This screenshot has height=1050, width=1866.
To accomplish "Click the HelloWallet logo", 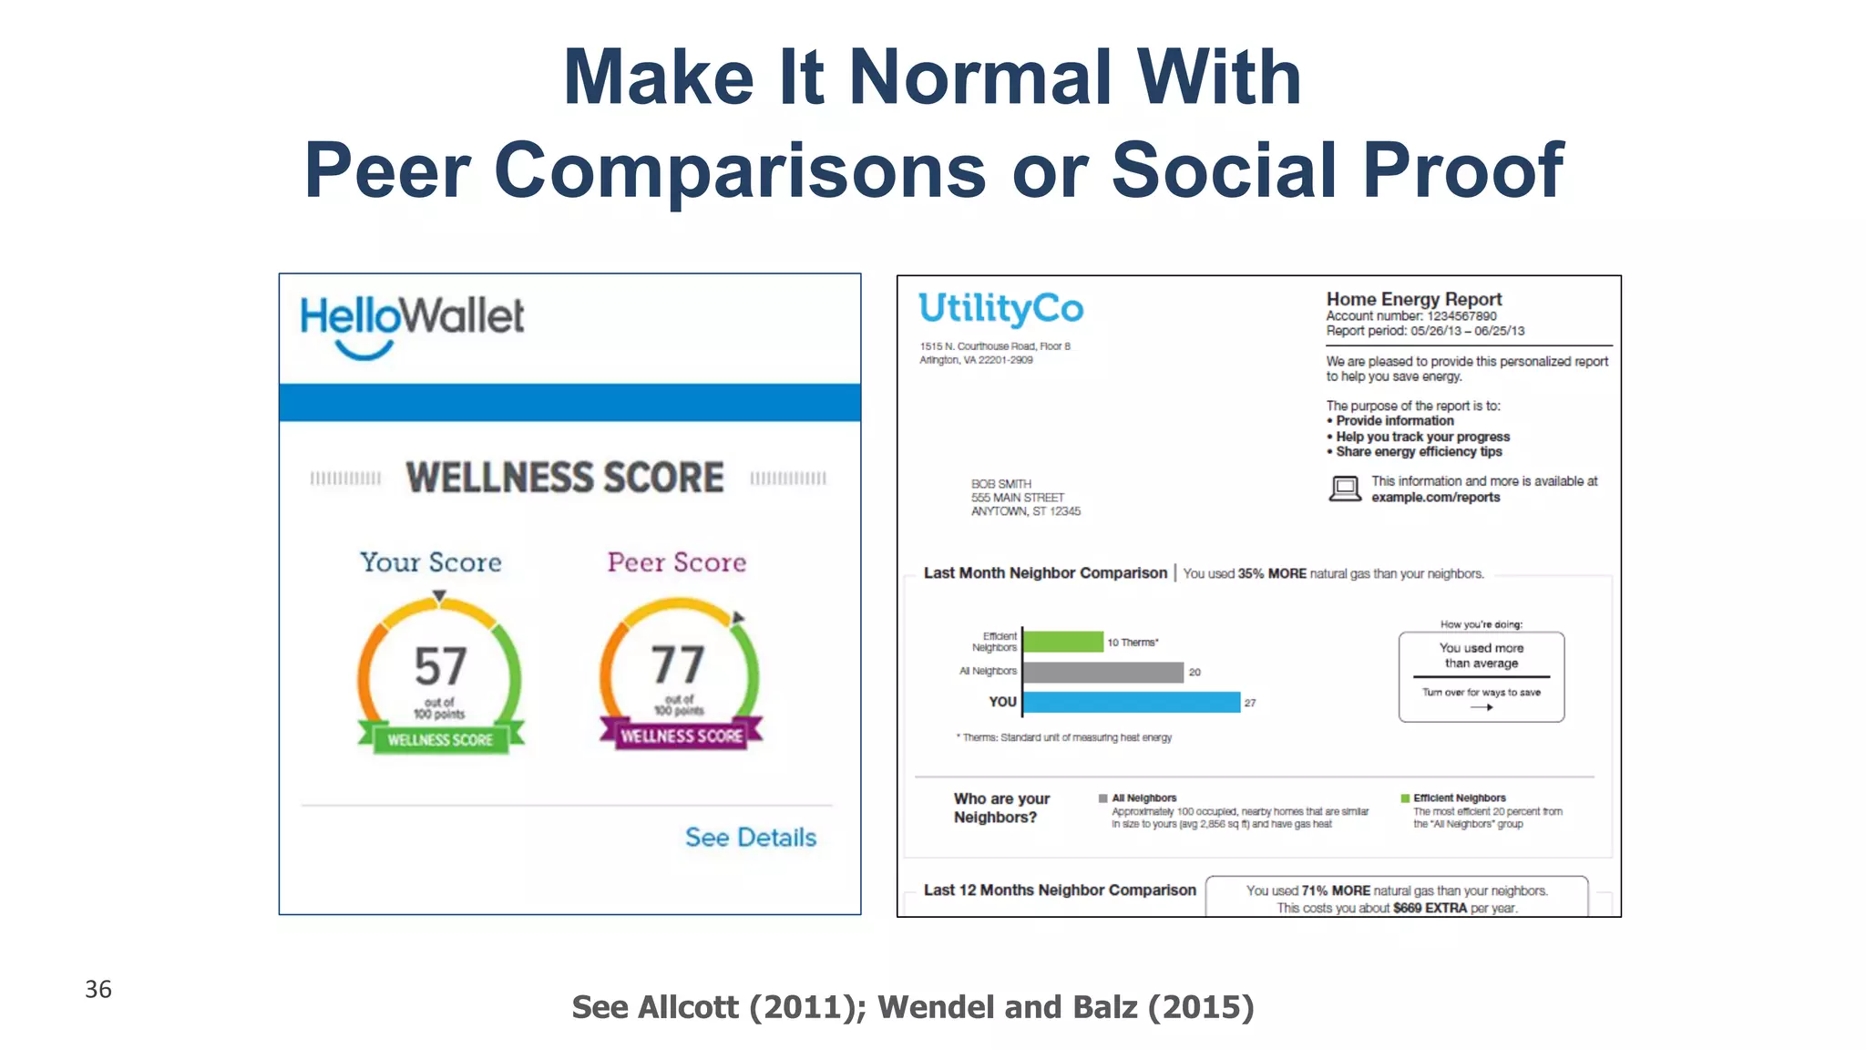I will (412, 324).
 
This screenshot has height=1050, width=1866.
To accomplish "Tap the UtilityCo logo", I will (1000, 309).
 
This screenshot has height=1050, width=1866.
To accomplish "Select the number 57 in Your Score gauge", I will (440, 666).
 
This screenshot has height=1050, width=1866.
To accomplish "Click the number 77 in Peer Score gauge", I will (678, 664).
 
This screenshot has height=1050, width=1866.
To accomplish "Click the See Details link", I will (750, 838).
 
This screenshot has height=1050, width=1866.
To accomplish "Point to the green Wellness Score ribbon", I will (440, 739).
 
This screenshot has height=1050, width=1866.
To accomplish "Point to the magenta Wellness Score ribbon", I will (681, 736).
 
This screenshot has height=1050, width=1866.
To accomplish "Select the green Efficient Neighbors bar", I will (1062, 642).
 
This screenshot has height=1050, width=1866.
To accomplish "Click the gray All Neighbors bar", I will (1103, 672).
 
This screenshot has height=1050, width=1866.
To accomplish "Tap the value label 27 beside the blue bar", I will (1250, 703).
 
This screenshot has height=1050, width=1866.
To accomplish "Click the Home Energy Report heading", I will (1413, 299).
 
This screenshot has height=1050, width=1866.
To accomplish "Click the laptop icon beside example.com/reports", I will (1345, 489).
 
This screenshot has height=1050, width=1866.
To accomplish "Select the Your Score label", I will (430, 562).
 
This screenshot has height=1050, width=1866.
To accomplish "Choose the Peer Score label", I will (676, 562).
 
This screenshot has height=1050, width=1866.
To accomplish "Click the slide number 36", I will (98, 990).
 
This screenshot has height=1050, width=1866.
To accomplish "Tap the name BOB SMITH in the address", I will (1000, 484).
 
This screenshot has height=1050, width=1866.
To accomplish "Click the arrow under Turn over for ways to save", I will (1482, 707).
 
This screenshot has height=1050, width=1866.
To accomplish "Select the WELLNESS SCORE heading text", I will (565, 478).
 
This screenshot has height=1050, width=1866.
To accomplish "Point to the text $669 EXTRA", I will (1430, 908).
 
